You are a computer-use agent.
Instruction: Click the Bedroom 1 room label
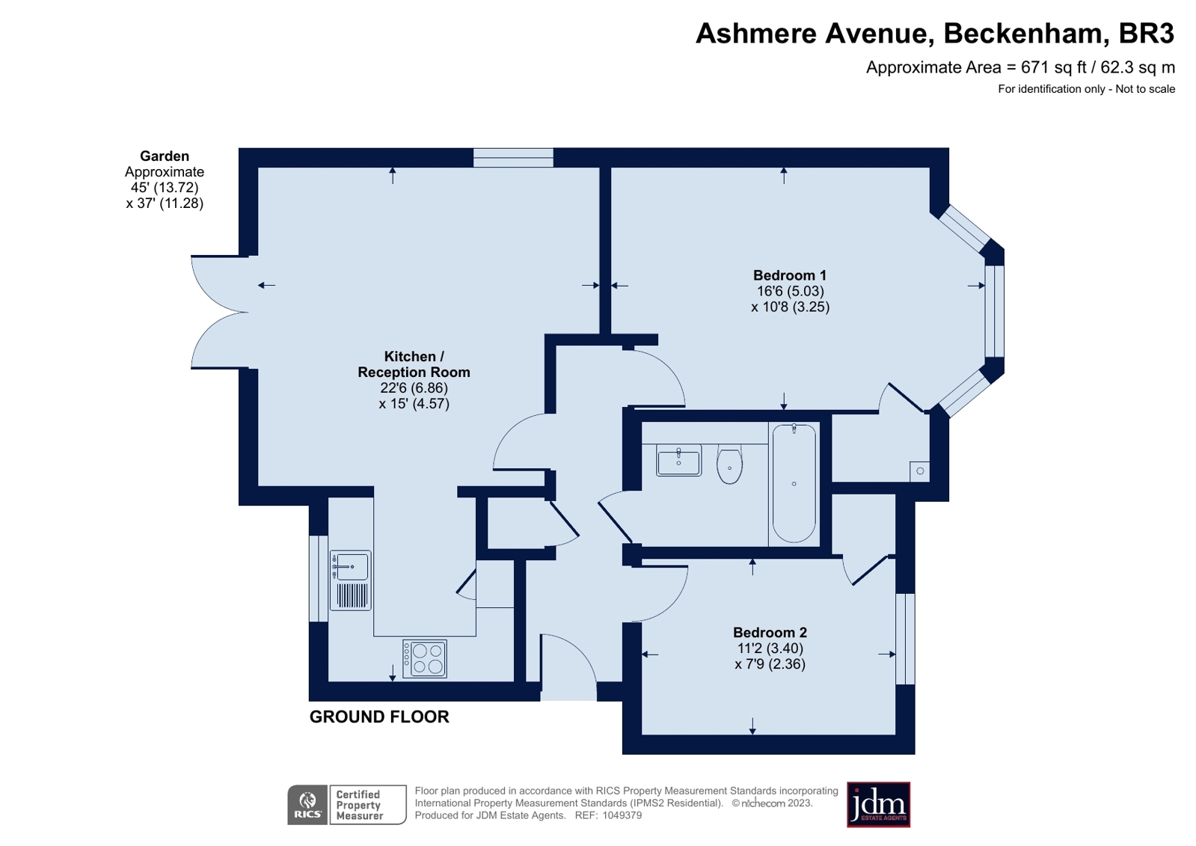tap(789, 275)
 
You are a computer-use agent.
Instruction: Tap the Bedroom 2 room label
tap(770, 633)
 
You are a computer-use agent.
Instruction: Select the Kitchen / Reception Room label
tap(414, 364)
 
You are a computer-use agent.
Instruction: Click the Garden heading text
tap(165, 156)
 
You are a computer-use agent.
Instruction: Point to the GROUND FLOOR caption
tap(379, 717)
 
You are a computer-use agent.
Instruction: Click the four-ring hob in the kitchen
tap(425, 658)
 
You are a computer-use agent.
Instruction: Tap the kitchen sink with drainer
tap(350, 580)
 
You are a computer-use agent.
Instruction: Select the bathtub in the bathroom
tap(794, 482)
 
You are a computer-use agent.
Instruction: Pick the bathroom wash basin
tap(678, 461)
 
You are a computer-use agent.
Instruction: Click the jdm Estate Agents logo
tap(878, 804)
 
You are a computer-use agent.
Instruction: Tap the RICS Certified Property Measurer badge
tap(346, 805)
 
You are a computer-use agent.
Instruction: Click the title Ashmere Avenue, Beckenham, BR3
tap(934, 34)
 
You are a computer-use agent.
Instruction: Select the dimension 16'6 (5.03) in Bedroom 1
tap(790, 291)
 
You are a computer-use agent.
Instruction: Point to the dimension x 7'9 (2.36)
tap(770, 664)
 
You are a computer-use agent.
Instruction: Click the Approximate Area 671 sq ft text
tap(1020, 67)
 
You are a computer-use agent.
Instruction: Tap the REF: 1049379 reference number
tap(607, 815)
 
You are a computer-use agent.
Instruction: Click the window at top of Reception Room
tap(513, 157)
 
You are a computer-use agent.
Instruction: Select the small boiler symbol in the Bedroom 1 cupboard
tap(920, 471)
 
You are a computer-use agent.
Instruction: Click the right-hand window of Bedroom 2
tap(905, 639)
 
